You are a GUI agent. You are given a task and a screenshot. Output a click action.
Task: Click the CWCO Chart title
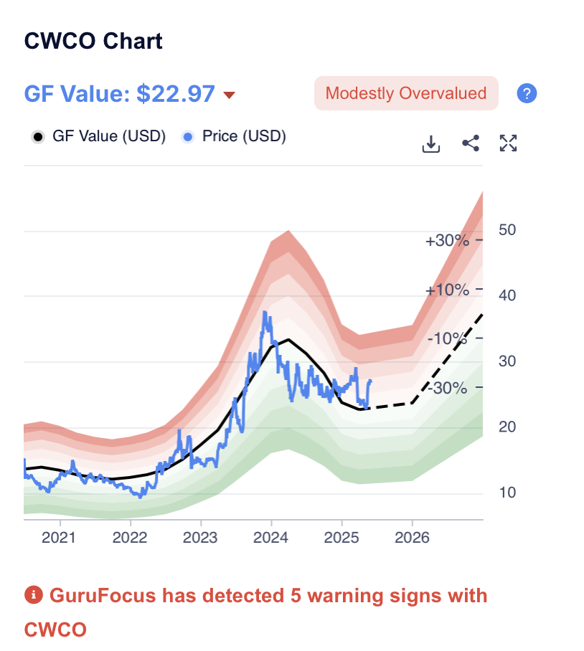[x=93, y=41]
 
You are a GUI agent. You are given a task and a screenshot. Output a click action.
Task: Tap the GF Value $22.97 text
[x=119, y=94]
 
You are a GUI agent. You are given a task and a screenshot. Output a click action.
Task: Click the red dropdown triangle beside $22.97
[x=230, y=95]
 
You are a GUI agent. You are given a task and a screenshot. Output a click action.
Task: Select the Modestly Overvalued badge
[x=406, y=93]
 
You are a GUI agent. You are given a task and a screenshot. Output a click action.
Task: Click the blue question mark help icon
[x=527, y=93]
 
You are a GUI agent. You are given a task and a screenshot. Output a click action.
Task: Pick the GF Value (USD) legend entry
[x=100, y=136]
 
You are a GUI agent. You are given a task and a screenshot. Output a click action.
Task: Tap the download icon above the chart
[x=430, y=143]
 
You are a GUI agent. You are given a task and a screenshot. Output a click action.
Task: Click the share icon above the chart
[x=471, y=143]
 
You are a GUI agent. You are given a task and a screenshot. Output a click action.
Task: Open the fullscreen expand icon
[x=509, y=143]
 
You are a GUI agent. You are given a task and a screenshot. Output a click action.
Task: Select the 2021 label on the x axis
[x=58, y=538]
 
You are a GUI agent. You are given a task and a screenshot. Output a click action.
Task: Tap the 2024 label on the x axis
[x=270, y=538]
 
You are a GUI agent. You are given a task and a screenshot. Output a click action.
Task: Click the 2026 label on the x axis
[x=412, y=538]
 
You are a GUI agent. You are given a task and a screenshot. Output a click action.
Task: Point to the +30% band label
[x=447, y=240]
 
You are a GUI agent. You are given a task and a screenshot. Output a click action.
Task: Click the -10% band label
[x=447, y=338]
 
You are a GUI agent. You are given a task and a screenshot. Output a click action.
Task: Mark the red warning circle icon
[x=33, y=595]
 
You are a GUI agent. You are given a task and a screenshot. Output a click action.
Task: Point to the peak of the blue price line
[x=265, y=312]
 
